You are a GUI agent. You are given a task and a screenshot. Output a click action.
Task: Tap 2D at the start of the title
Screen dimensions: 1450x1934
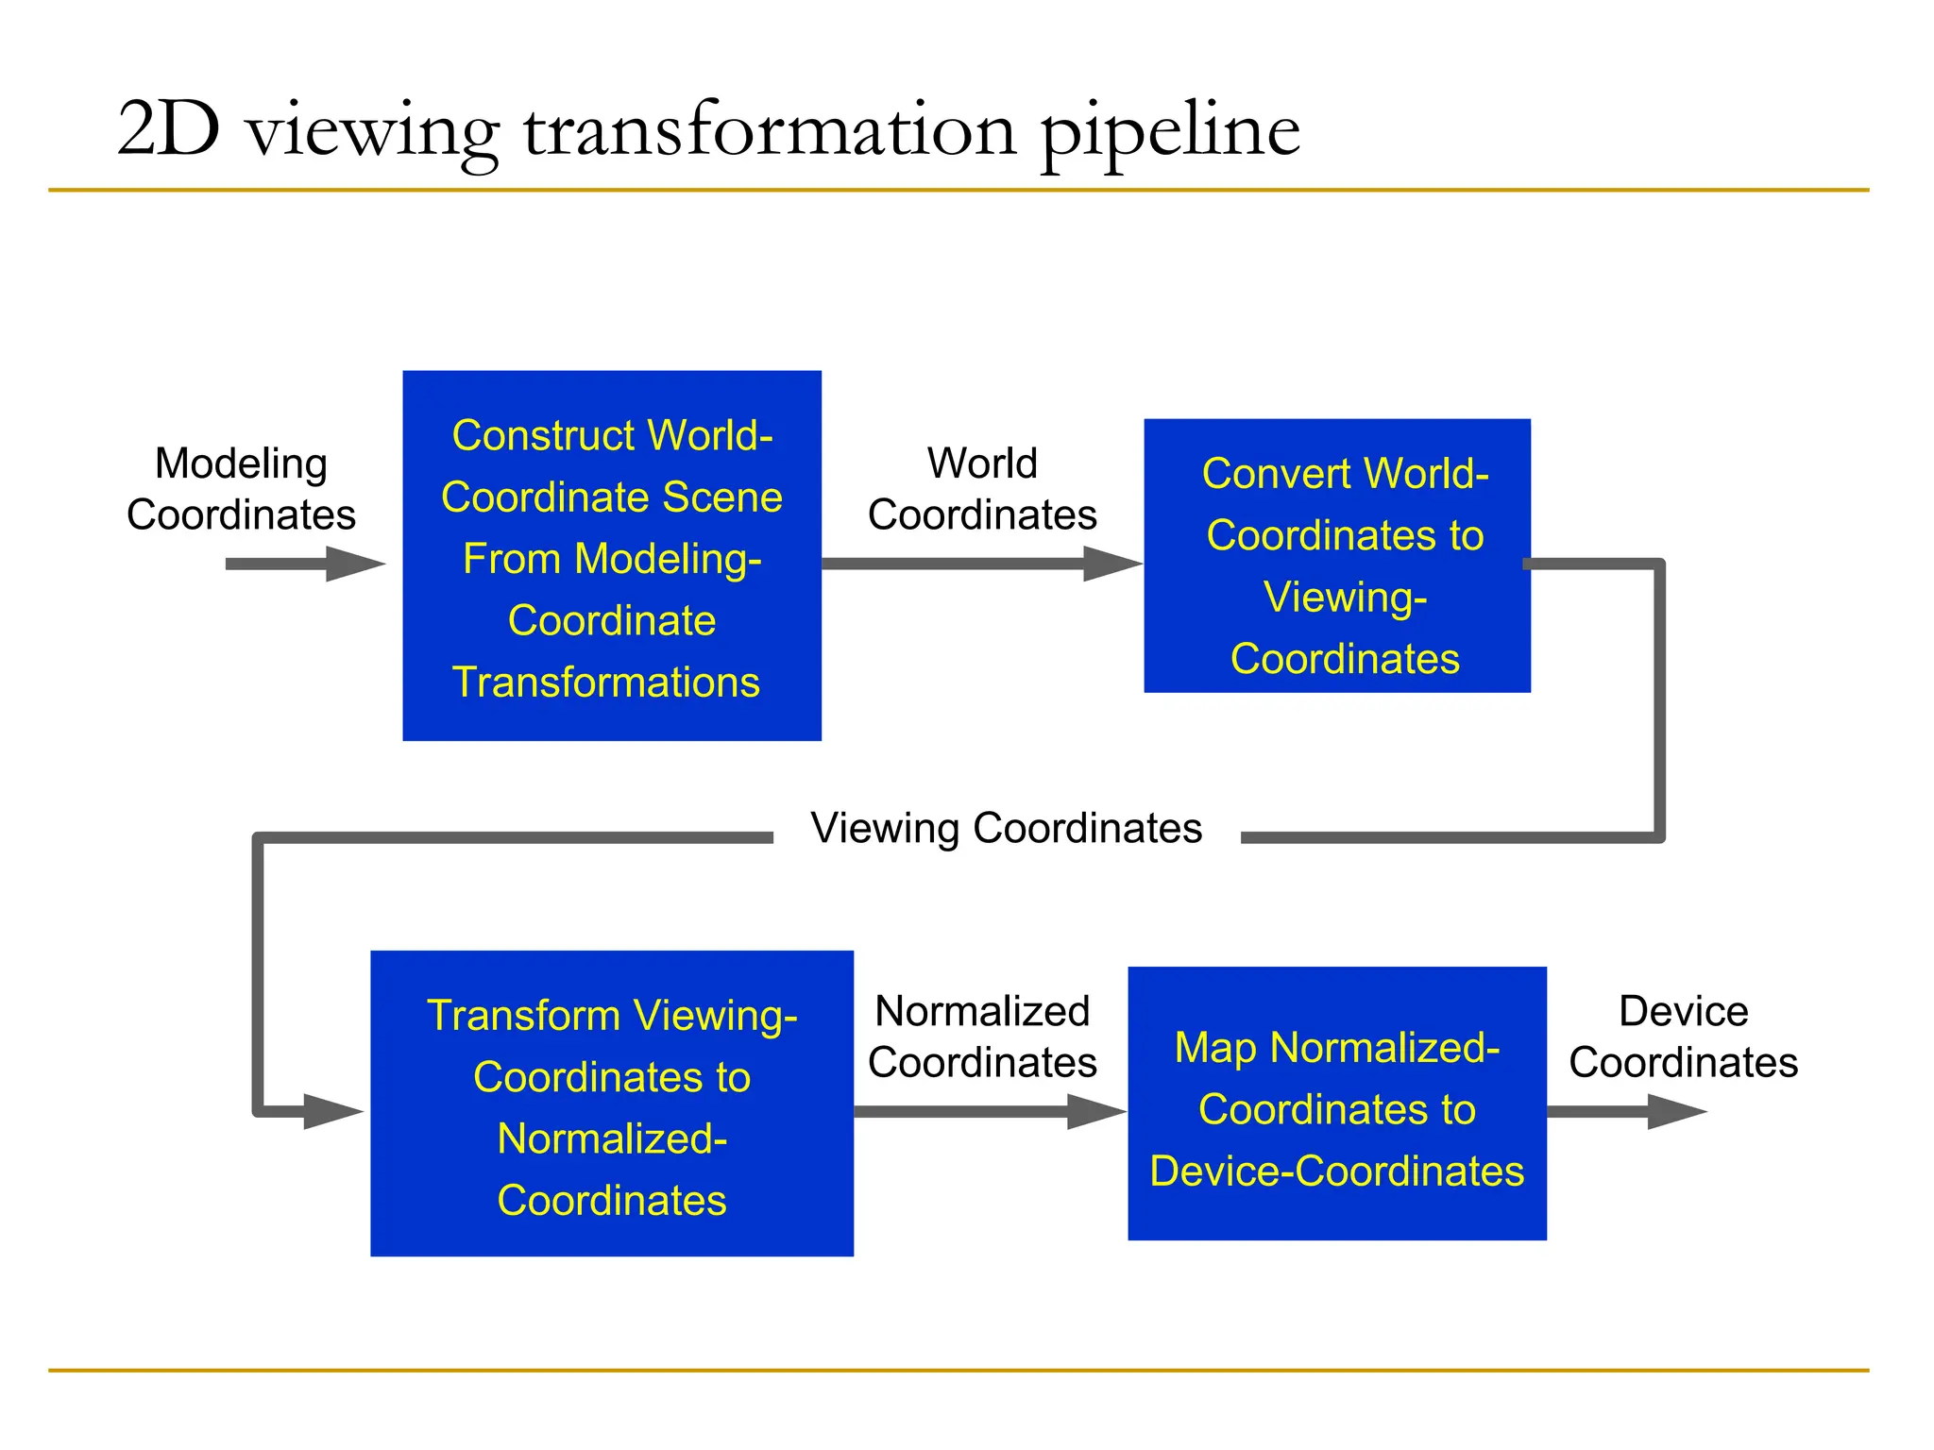click(x=168, y=129)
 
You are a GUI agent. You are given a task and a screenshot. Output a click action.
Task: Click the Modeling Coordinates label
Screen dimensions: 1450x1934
click(x=241, y=489)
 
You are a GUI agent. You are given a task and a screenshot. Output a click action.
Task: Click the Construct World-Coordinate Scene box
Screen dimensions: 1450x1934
click(x=612, y=555)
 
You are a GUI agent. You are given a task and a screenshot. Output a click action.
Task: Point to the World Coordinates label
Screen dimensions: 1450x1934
click(x=982, y=489)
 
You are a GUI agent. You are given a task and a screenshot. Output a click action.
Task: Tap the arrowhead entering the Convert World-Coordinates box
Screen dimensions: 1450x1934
click(x=1112, y=564)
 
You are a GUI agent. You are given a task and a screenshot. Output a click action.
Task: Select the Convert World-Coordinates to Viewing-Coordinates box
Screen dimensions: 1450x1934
click(x=1336, y=555)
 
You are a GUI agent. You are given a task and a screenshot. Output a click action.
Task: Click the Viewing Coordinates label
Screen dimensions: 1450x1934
click(x=1006, y=828)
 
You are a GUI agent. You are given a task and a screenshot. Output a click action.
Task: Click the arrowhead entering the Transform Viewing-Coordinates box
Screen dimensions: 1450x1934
click(x=332, y=1112)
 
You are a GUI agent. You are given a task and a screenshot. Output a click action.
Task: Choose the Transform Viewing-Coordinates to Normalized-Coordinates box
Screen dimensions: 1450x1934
click(x=612, y=1103)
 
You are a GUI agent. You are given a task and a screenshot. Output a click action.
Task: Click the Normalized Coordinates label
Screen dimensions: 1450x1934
click(x=982, y=1037)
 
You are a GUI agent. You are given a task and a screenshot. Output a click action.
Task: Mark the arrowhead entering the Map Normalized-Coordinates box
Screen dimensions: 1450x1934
click(x=1097, y=1111)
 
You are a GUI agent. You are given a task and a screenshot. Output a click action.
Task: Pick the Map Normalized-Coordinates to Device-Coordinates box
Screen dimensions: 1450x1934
click(x=1336, y=1103)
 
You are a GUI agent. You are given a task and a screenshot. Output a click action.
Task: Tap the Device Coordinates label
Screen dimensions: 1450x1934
click(x=1683, y=1037)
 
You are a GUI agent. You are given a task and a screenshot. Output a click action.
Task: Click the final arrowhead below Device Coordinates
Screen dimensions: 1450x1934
click(x=1677, y=1111)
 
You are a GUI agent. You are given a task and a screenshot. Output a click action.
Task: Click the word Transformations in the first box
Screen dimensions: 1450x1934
click(x=606, y=683)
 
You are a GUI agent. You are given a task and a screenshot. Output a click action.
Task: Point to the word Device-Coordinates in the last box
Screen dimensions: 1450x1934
click(x=1336, y=1172)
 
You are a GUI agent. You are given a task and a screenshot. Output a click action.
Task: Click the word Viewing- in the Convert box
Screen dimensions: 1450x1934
click(x=1345, y=598)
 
